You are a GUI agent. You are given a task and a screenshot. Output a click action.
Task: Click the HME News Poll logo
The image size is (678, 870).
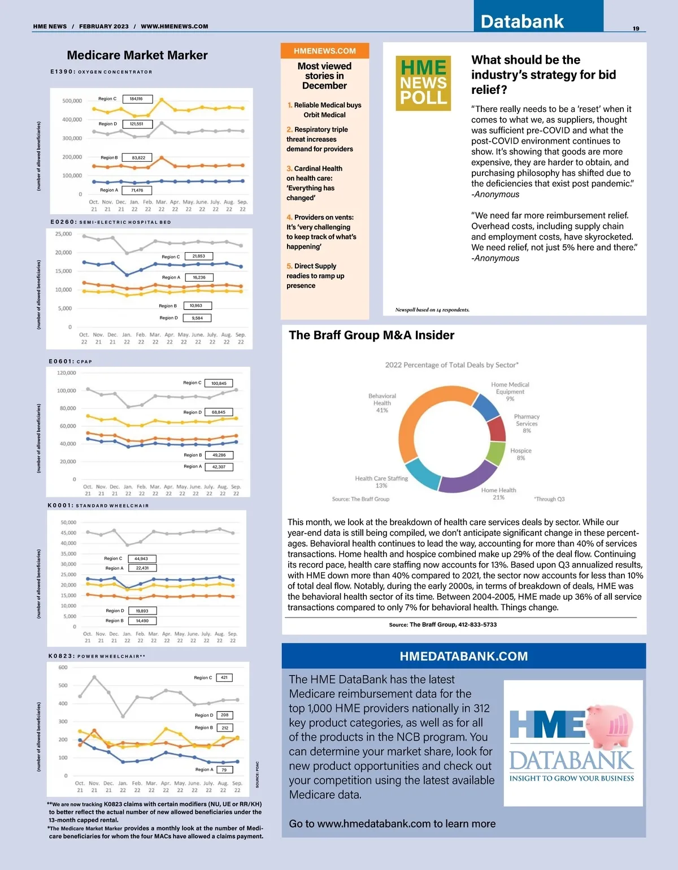tap(423, 83)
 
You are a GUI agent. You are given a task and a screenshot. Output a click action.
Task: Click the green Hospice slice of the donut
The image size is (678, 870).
tap(495, 453)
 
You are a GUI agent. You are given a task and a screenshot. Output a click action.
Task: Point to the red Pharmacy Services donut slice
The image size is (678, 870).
tap(496, 428)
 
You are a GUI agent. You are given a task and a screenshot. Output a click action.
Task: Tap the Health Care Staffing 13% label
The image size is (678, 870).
tap(381, 482)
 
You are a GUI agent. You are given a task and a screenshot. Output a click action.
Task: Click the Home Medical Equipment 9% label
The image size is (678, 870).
tap(510, 391)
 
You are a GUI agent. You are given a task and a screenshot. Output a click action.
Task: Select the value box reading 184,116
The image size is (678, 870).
tap(136, 99)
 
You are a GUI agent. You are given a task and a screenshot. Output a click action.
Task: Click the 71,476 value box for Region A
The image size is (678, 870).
tap(137, 191)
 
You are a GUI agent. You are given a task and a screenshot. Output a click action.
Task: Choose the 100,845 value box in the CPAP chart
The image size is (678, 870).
tap(219, 383)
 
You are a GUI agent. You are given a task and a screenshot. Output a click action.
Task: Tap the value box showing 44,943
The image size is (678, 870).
tap(141, 559)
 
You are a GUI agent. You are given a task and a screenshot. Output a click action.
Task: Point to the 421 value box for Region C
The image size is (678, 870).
tap(224, 677)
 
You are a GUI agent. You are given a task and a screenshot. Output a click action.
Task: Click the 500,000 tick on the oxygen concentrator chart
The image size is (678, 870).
tap(72, 101)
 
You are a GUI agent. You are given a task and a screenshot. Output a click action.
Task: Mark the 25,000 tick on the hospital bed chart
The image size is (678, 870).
tap(63, 233)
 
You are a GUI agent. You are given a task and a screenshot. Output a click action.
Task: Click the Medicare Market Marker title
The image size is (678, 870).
tap(137, 55)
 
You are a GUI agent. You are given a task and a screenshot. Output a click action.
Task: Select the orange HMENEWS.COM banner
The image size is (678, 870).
tap(325, 51)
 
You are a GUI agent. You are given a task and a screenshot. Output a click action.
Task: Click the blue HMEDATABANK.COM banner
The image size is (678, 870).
tap(463, 656)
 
